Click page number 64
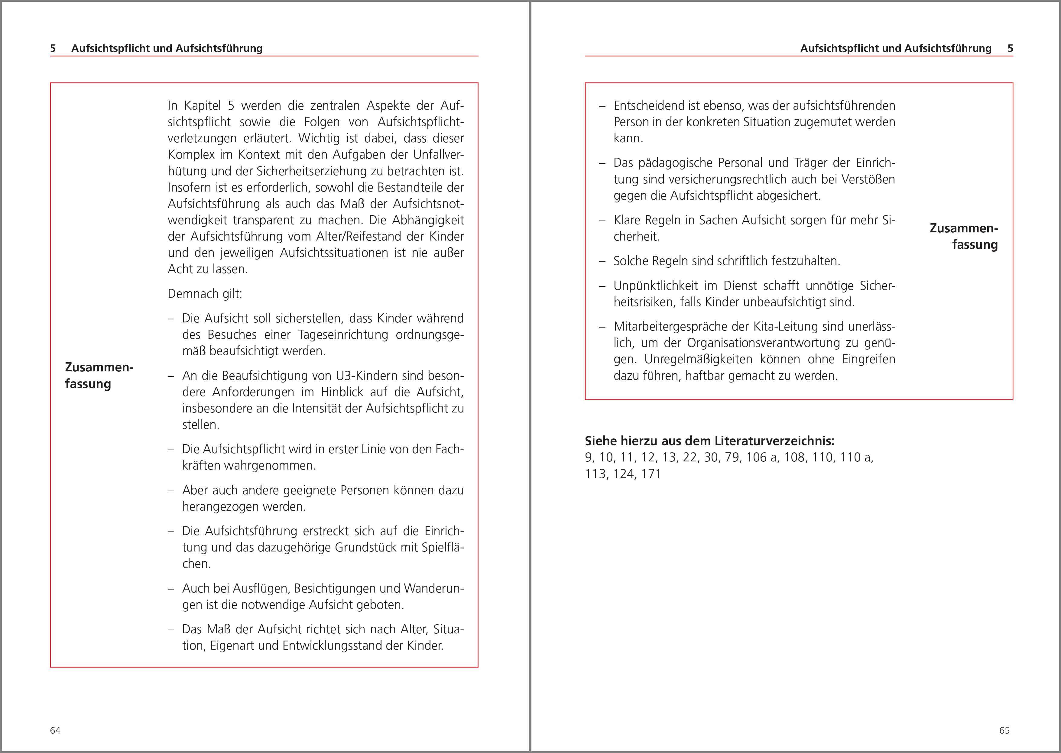coord(55,730)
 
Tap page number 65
coord(1004,730)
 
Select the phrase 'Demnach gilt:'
coord(205,294)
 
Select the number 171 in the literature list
coord(651,474)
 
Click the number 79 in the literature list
coord(732,458)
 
